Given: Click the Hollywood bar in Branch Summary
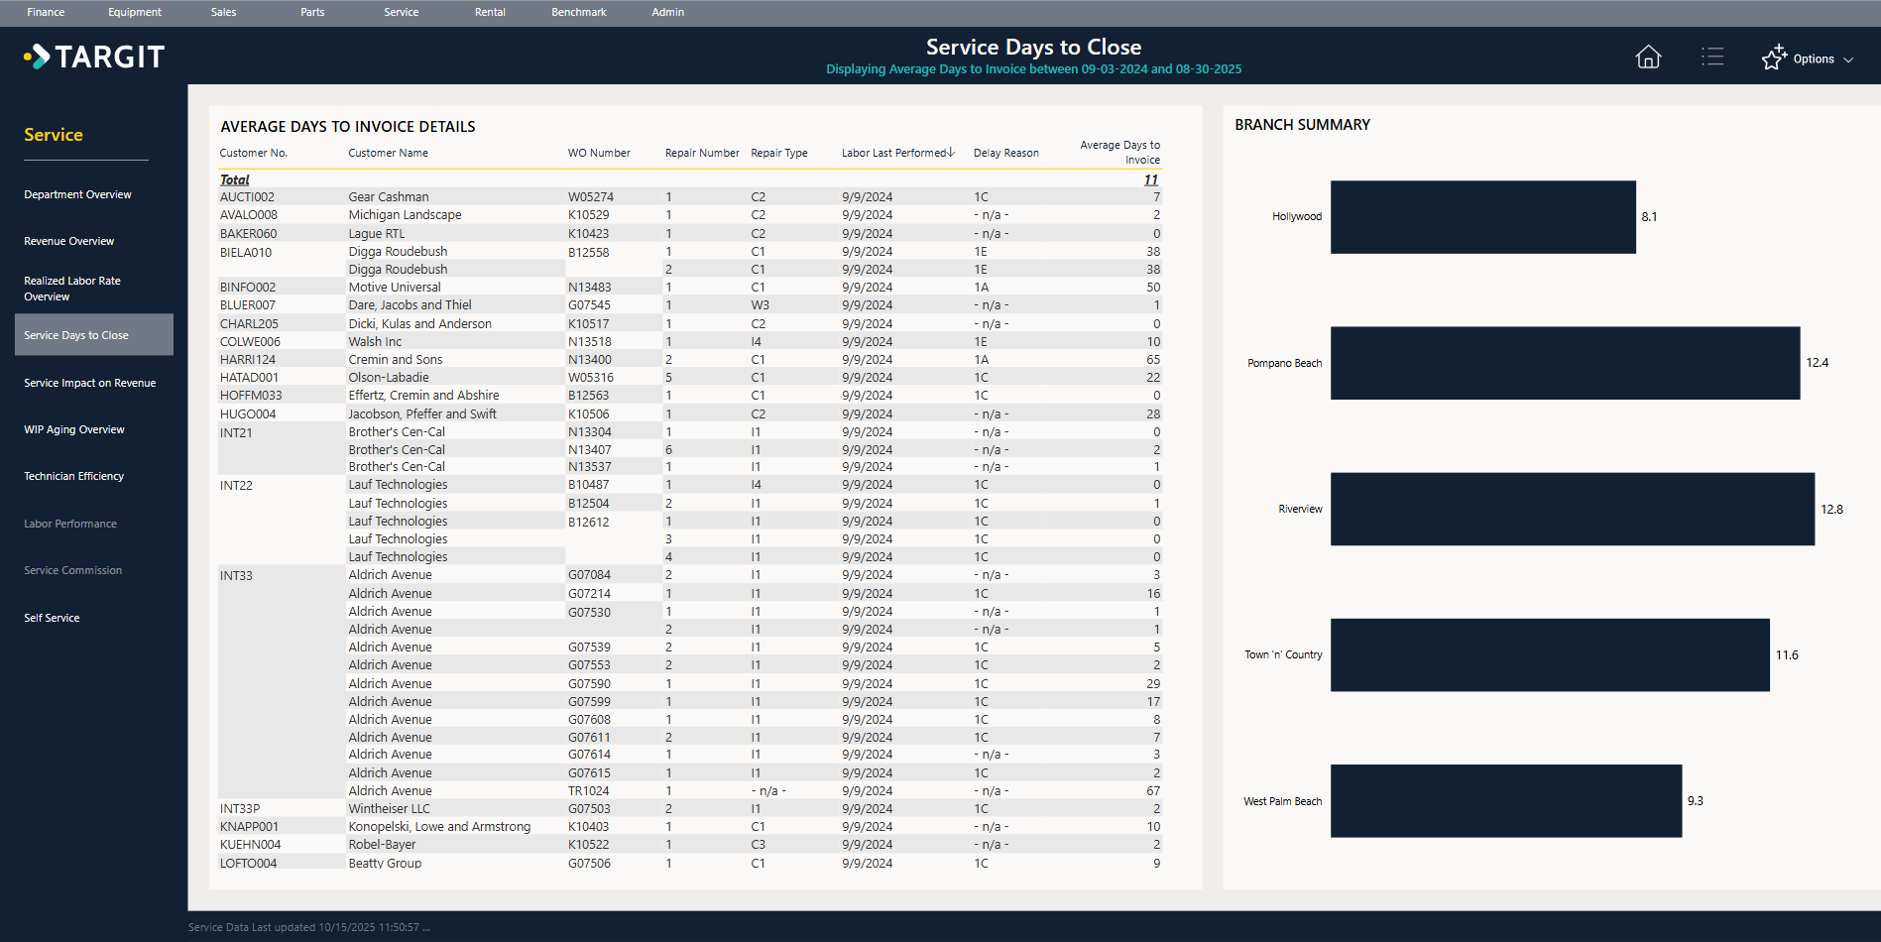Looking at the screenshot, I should click(x=1482, y=217).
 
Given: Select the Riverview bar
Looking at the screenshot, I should click(x=1572, y=509).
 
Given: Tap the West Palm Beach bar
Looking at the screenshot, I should click(x=1505, y=801).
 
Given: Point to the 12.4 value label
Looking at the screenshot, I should click(x=1817, y=363).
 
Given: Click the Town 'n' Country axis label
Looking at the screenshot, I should click(x=1283, y=655).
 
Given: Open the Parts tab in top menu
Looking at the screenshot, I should click(x=312, y=12).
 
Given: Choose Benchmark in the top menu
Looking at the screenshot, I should click(x=578, y=12).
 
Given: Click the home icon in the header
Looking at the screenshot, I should click(x=1648, y=58).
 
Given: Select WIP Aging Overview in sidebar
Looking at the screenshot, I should click(x=74, y=429).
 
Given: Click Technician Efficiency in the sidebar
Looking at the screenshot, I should click(x=74, y=476).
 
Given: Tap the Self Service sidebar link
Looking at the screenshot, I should click(x=52, y=618).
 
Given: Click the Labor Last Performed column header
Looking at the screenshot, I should click(x=894, y=153).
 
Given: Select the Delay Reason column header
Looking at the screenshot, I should click(x=1005, y=153).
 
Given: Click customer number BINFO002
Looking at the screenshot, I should click(x=248, y=288).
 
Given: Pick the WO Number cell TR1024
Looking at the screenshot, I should click(x=589, y=791).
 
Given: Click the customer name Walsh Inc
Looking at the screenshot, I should click(x=375, y=342).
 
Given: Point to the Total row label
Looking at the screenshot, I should click(x=235, y=179).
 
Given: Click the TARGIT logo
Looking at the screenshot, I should click(x=95, y=57).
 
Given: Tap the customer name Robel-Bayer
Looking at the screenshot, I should click(x=382, y=845).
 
